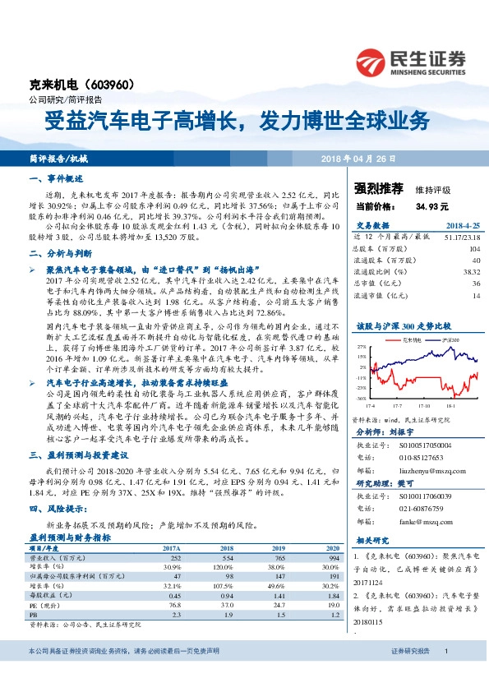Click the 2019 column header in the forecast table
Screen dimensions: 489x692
click(x=279, y=547)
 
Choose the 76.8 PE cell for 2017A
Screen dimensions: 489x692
click(x=173, y=603)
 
